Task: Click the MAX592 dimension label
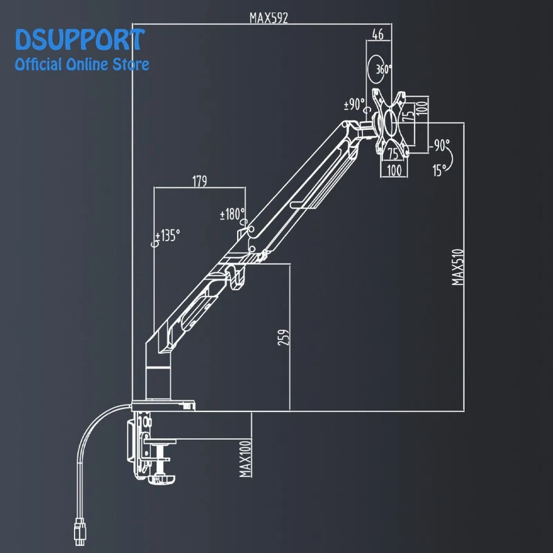269,18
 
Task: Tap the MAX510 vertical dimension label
458,267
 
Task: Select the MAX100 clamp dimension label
245,458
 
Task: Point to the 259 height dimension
283,337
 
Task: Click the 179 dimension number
200,181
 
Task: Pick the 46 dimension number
377,35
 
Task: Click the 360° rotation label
384,69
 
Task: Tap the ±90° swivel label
354,104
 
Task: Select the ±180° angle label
232,214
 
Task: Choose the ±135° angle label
168,236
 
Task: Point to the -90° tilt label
439,145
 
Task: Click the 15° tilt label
440,170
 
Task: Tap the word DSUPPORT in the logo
79,39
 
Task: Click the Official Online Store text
82,64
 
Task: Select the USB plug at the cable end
80,532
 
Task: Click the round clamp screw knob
162,479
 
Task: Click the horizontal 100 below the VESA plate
394,171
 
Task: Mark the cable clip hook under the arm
237,277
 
